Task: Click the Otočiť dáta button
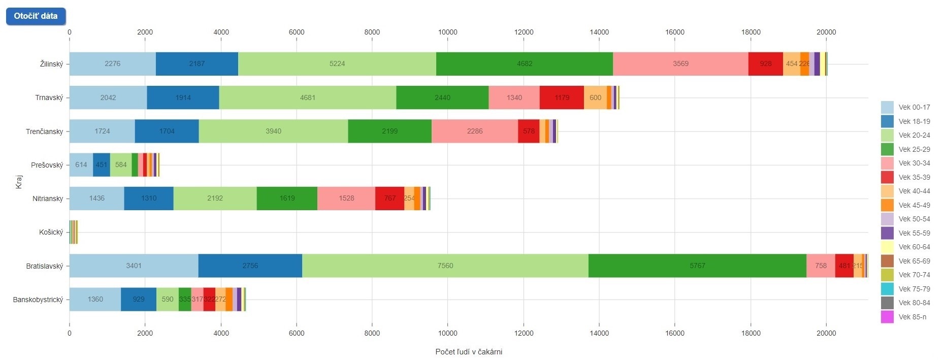tap(36, 16)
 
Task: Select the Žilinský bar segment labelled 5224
tap(337, 64)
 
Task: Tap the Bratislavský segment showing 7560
tap(445, 266)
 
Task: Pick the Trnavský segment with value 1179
tap(562, 97)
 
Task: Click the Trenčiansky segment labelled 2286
tap(475, 131)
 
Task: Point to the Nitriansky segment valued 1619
tap(287, 198)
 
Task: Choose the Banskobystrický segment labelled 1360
tap(95, 299)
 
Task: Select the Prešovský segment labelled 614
tap(81, 165)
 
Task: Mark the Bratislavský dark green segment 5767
tap(697, 266)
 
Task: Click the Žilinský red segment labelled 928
tap(765, 64)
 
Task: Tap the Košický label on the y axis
tap(51, 232)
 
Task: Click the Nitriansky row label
tap(48, 199)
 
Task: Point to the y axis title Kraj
tap(19, 182)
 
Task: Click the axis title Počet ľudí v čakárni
tap(469, 352)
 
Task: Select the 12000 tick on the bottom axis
tap(524, 333)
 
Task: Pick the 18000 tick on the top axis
tap(751, 32)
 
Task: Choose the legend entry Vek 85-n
tap(912, 317)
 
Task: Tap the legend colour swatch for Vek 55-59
tap(887, 233)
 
